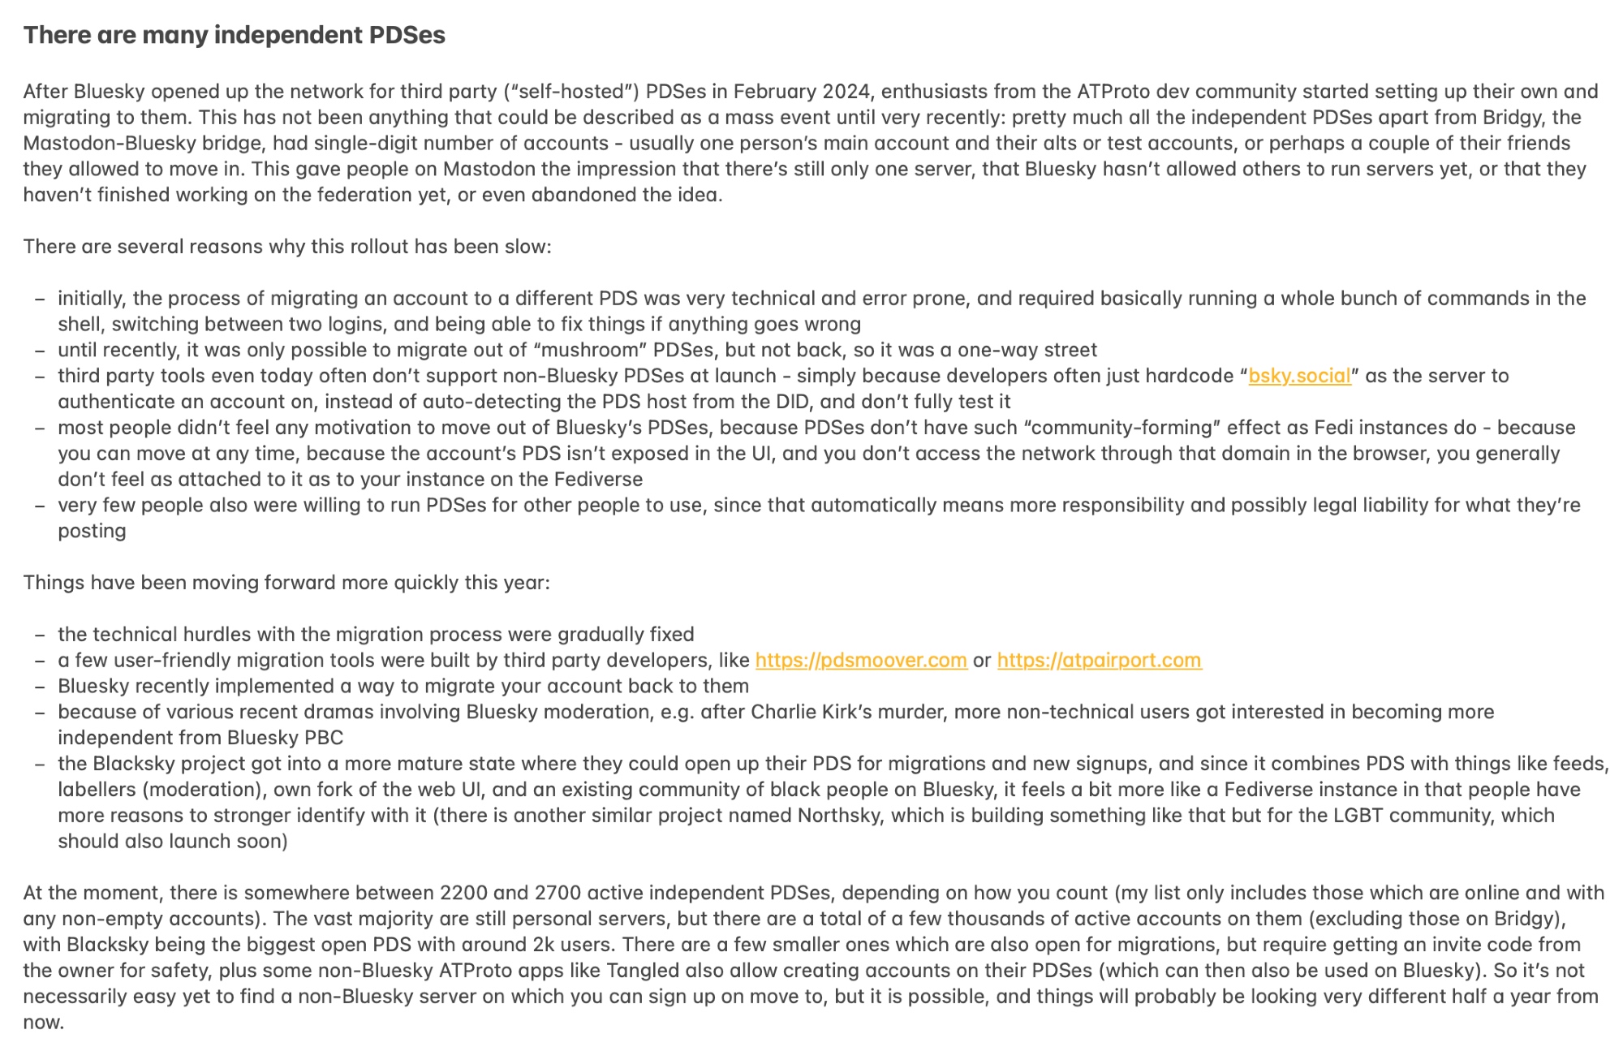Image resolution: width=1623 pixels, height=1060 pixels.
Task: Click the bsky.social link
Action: [x=1299, y=376]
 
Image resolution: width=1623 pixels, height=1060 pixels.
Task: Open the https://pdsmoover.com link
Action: [x=861, y=660]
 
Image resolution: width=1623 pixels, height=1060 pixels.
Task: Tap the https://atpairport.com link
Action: [x=1099, y=660]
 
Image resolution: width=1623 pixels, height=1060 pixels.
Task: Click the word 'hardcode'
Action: [x=1186, y=376]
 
